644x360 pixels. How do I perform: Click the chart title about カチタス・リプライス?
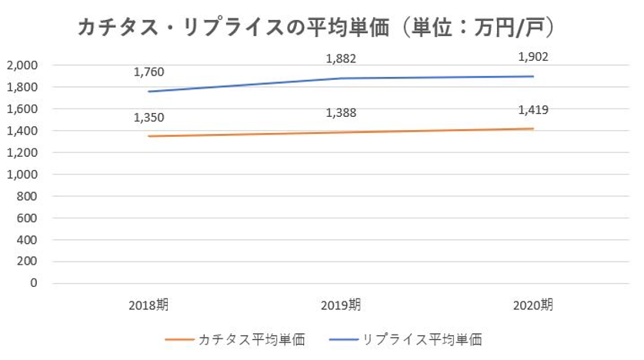click(x=316, y=28)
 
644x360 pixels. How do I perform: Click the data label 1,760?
click(x=148, y=72)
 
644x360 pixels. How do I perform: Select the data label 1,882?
click(x=341, y=58)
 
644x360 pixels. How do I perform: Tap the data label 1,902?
click(x=533, y=56)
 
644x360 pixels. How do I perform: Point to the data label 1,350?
click(x=148, y=117)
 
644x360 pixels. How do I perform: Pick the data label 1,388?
click(x=341, y=113)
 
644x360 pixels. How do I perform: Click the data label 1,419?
click(x=533, y=109)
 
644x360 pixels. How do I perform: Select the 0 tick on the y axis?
click(x=33, y=283)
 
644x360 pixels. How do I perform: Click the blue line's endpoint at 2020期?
click(x=533, y=76)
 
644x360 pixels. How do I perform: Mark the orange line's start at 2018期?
click(x=148, y=136)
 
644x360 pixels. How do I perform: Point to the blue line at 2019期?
click(x=341, y=78)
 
